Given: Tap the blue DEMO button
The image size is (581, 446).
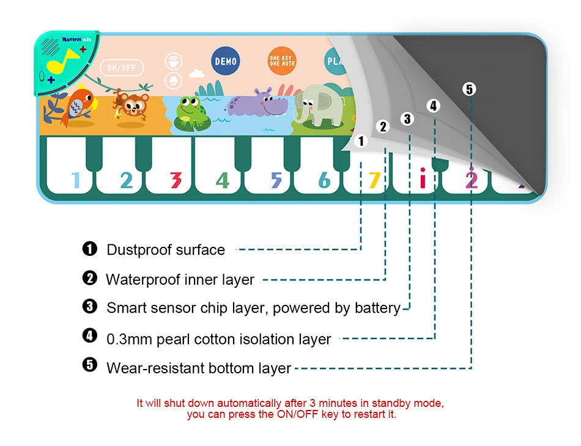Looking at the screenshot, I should pos(225,62).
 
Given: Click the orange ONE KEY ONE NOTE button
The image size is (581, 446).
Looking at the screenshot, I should pos(281,61).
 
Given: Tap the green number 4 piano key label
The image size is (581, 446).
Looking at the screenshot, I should pos(223,180).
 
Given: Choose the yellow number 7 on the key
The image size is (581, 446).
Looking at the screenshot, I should pos(374,180).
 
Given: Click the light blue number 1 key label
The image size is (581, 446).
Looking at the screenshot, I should pos(76,180).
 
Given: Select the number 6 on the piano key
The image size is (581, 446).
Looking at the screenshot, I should pos(324,180).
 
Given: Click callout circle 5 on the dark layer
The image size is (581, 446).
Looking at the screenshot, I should pos(469,89).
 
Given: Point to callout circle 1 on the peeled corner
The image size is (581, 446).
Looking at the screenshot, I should pos(361,141).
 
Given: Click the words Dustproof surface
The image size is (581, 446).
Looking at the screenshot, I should pos(166,250).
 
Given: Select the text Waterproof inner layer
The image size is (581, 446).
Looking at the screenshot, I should pos(180,280).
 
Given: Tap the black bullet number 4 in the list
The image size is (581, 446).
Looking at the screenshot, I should pos(90,335).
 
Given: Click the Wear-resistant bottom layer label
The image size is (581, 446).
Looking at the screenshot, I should pos(199,368).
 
